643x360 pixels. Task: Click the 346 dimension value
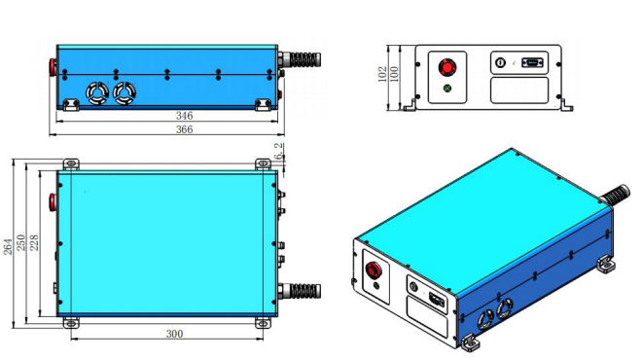[184, 116]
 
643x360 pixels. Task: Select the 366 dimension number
[184, 129]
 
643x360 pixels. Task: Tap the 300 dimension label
[174, 334]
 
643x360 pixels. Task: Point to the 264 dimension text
[8, 246]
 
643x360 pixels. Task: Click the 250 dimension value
[20, 242]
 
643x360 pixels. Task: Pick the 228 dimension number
[34, 242]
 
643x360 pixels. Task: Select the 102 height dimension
[381, 74]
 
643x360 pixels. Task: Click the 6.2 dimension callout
[278, 151]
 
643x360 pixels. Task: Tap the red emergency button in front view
[447, 67]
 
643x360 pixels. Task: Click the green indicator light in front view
[447, 88]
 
